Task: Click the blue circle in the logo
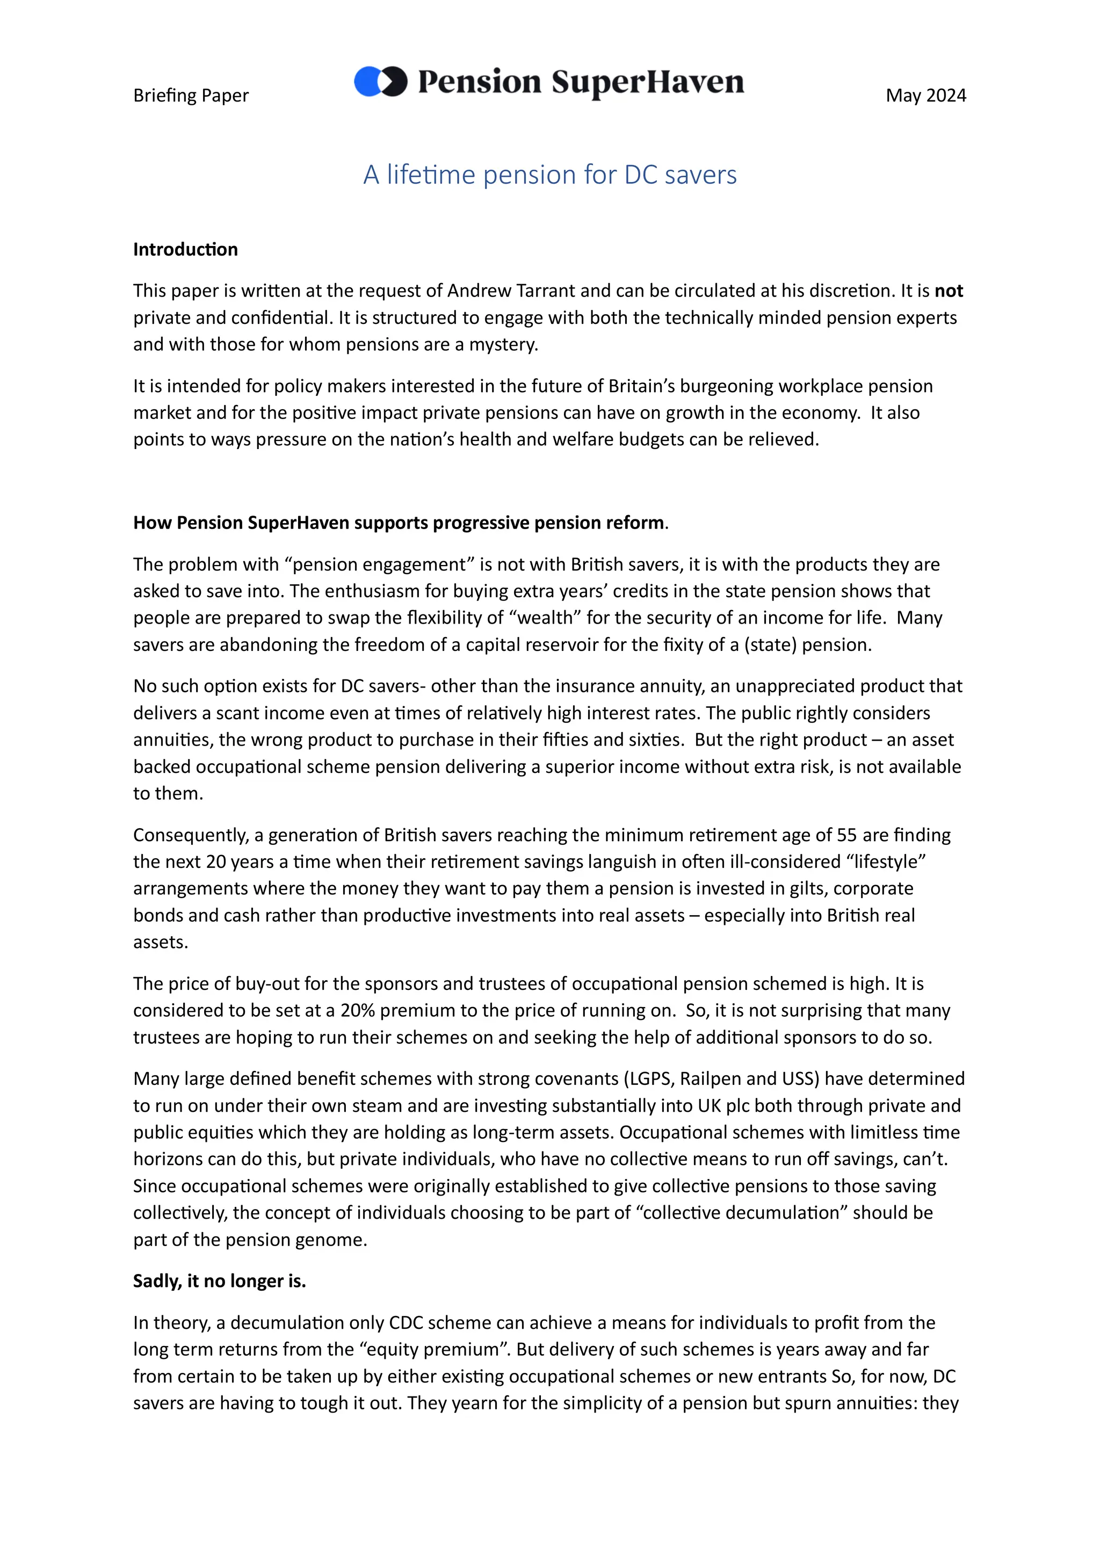[367, 82]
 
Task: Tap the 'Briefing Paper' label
[191, 96]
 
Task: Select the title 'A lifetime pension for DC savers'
[549, 175]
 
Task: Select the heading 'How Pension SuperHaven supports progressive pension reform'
[399, 523]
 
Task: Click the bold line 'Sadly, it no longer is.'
[220, 1281]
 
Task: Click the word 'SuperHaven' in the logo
[647, 82]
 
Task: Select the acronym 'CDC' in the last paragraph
[406, 1323]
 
